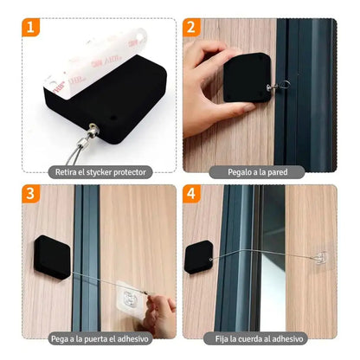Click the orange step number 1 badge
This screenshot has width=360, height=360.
coord(30,28)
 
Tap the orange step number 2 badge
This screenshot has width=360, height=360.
coord(191,28)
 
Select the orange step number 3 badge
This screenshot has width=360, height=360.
coord(31,194)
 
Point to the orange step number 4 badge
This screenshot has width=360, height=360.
coord(191,194)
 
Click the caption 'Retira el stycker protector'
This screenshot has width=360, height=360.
coord(100,172)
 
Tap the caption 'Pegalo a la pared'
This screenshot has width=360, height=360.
coord(257,172)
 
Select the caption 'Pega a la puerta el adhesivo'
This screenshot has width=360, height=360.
coord(100,338)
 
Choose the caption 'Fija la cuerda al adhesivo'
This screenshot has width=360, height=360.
coord(259,338)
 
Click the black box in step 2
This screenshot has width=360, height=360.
coord(247,78)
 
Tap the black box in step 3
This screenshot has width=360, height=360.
coord(52,257)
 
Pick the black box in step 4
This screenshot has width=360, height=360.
coord(199,257)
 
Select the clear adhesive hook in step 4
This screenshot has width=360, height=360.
coord(319,258)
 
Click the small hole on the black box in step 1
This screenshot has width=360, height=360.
coord(113,119)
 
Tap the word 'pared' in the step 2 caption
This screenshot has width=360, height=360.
coord(278,172)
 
